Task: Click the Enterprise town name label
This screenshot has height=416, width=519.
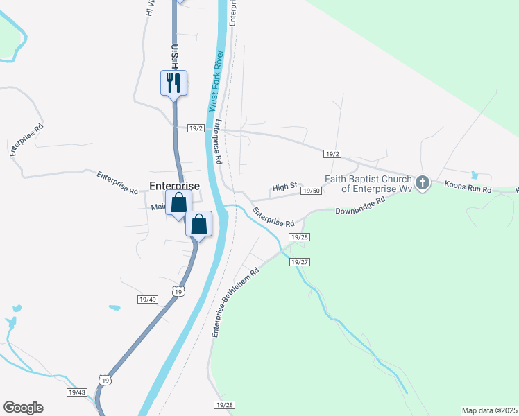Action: click(175, 186)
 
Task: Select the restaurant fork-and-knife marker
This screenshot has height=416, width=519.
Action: click(173, 83)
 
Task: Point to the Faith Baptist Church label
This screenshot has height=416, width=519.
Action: click(368, 184)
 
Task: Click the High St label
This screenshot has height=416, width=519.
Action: click(284, 187)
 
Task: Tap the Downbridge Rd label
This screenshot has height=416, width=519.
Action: click(359, 206)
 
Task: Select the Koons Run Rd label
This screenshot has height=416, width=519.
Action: click(467, 188)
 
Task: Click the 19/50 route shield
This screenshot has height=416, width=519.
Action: click(311, 191)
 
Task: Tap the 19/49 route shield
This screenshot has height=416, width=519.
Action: click(147, 300)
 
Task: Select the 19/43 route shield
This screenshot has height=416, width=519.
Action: click(77, 392)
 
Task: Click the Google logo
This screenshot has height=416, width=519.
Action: click(23, 408)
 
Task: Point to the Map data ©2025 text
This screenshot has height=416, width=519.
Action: click(488, 410)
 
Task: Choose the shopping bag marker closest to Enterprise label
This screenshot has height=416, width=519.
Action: click(179, 203)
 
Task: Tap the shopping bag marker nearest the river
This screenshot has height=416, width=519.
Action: click(199, 224)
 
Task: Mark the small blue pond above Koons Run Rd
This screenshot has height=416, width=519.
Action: click(474, 175)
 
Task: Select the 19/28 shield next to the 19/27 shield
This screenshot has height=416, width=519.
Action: click(300, 238)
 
